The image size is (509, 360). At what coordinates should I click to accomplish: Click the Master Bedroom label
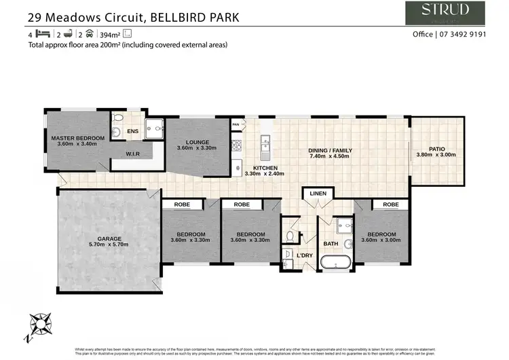click(x=78, y=139)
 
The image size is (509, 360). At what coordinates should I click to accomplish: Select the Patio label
click(x=436, y=149)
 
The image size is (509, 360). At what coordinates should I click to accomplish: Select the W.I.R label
click(x=132, y=154)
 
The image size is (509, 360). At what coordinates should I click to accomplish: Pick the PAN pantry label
click(x=235, y=125)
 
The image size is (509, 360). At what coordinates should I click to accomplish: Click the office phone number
click(x=468, y=35)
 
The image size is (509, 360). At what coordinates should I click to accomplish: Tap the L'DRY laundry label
click(x=305, y=255)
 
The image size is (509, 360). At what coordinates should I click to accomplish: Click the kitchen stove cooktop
click(x=237, y=143)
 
